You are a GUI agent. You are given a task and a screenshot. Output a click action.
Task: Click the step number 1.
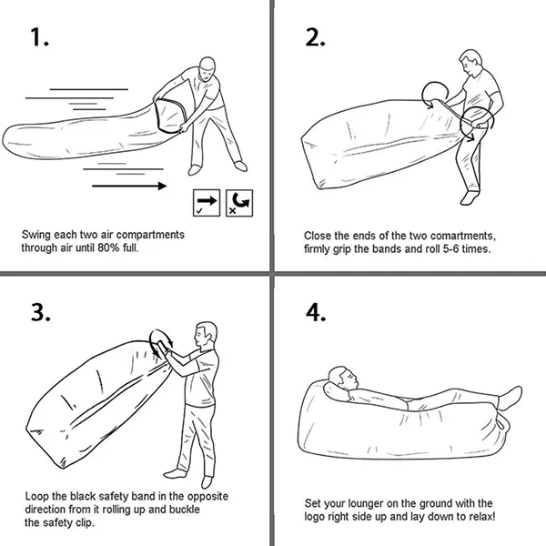coord(39,37)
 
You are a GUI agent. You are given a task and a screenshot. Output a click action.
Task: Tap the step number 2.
coord(315,37)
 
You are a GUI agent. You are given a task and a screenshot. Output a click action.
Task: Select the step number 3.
coord(41,312)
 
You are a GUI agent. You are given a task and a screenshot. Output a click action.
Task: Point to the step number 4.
coord(316,312)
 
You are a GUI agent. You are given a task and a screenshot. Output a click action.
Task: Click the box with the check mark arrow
coord(207,203)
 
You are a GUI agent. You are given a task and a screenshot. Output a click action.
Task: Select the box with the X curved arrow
coord(239,203)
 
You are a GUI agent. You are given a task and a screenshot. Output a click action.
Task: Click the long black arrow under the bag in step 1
coord(129,186)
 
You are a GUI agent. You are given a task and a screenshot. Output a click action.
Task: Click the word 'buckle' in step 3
coord(184,510)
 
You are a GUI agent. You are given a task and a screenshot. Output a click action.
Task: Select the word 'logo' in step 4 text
coord(314,517)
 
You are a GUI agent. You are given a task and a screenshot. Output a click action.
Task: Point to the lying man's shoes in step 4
coord(511,398)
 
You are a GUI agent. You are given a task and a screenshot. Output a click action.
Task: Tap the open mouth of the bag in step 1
coord(170,116)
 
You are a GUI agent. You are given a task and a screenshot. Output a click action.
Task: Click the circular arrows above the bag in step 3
coord(161,343)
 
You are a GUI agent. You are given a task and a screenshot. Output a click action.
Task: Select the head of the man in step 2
coord(470,63)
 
